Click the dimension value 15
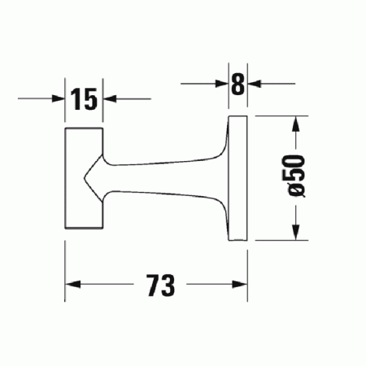pyautogui.click(x=84, y=99)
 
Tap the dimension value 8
pyautogui.click(x=237, y=84)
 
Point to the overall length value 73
pyautogui.click(x=161, y=285)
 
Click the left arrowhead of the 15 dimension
pyautogui.click(x=59, y=99)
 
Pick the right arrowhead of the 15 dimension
pyautogui.click(x=111, y=99)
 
